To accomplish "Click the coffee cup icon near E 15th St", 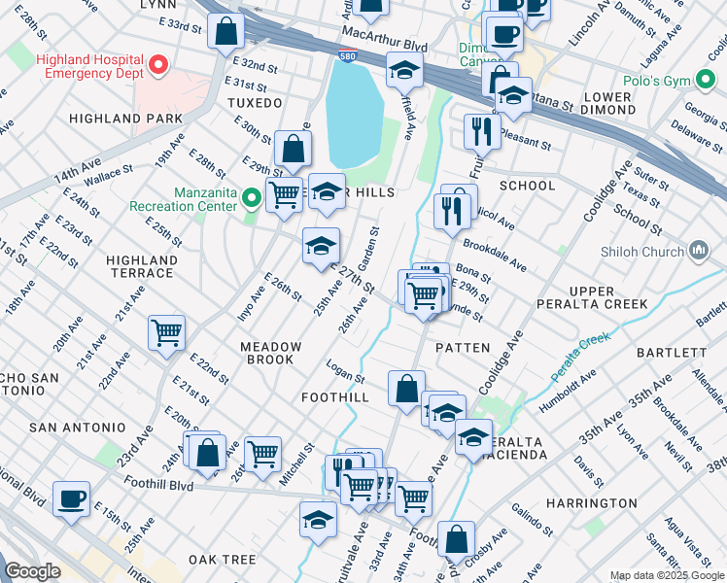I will (71, 498).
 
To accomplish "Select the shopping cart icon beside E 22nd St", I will (166, 332).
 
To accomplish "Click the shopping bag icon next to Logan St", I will (406, 388).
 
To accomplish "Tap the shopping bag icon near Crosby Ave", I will (455, 539).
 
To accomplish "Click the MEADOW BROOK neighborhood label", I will (271, 353).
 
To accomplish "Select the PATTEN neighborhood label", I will (463, 347).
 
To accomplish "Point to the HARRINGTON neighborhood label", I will (591, 503).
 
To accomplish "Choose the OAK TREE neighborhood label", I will (222, 560).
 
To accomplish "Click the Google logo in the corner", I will (32, 571).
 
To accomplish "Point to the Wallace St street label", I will (108, 179).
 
